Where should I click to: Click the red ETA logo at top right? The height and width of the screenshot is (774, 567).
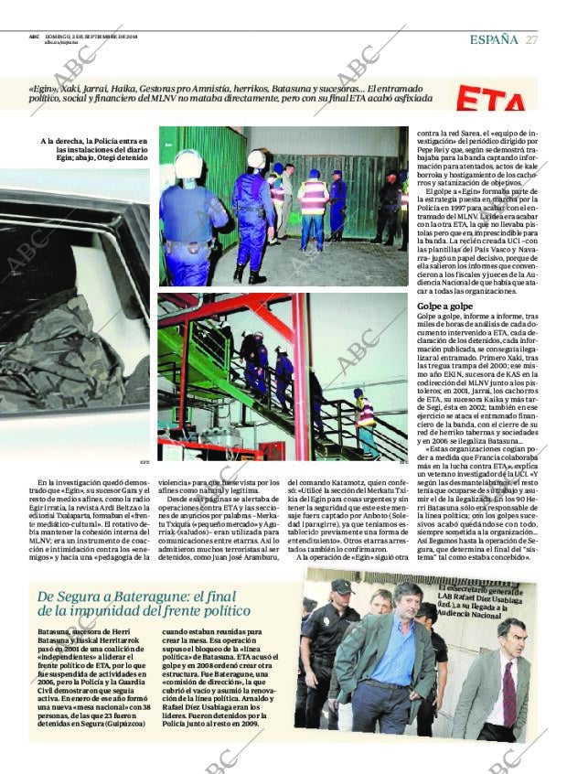pyautogui.click(x=493, y=100)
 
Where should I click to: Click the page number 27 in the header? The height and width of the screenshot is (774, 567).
pyautogui.click(x=532, y=39)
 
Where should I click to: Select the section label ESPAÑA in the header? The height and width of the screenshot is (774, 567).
pyautogui.click(x=494, y=39)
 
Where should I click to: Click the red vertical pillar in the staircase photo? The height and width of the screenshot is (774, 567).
pyautogui.click(x=299, y=375)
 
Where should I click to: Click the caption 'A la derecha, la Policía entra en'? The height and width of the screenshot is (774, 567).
pyautogui.click(x=94, y=141)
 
